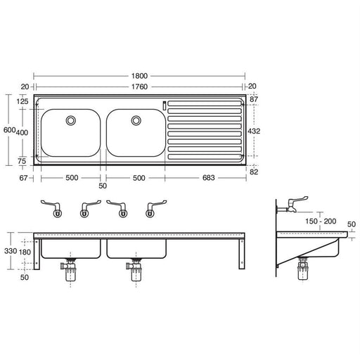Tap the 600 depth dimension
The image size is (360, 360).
tap(8, 130)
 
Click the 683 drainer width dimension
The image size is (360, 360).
tap(205, 178)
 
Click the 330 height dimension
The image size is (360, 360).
tap(9, 250)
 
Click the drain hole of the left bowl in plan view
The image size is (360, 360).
tap(71, 121)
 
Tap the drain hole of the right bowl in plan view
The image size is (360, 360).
tap(136, 121)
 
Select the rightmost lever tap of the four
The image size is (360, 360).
tap(150, 208)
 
